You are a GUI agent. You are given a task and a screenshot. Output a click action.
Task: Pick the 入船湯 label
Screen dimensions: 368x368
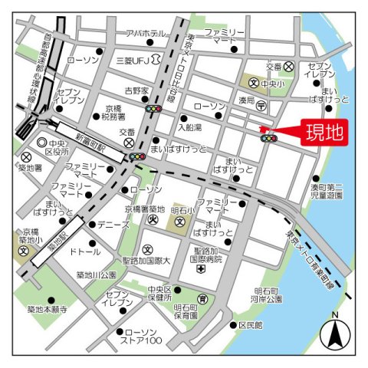[190, 127]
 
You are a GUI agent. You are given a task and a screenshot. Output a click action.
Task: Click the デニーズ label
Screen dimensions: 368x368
[113, 225]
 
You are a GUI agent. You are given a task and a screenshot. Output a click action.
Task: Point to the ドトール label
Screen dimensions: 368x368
[84, 251]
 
